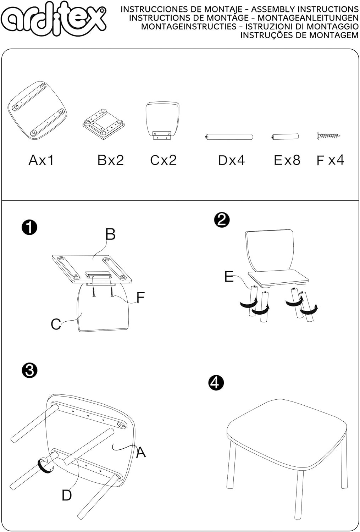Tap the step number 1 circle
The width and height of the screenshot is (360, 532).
point(29,227)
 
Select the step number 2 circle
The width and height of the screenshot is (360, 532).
point(222,220)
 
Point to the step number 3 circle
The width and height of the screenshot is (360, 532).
point(29,371)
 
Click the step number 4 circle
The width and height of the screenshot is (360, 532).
point(216,383)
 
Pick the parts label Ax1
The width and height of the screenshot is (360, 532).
point(41,160)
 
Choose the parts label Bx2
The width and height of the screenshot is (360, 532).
point(111,160)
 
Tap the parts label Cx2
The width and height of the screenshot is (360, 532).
point(163,160)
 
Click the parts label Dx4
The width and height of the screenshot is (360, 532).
point(231,160)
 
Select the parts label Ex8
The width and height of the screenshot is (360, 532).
point(287,160)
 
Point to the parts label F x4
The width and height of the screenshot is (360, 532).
point(330,160)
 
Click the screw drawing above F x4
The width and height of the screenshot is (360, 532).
point(328,135)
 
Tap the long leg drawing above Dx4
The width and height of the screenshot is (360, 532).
point(229,137)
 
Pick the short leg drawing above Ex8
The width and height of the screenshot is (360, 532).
point(286,137)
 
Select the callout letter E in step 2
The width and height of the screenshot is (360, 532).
point(229,277)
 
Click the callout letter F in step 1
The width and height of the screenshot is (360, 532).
point(140,297)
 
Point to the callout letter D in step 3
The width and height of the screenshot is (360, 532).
point(67,495)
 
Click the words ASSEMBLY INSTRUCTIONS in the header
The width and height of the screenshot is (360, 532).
point(305,10)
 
